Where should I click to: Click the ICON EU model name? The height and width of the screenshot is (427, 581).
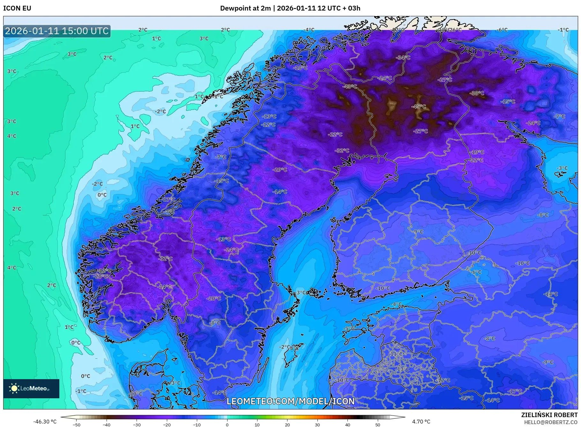[17, 8]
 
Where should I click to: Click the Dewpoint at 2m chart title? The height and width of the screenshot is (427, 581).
[290, 8]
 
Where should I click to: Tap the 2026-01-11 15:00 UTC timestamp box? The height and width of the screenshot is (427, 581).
[57, 31]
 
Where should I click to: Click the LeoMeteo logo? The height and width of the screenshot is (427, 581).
[31, 388]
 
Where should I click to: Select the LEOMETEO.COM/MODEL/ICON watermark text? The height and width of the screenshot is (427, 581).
[290, 401]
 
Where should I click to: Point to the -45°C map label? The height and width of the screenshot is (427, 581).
[419, 107]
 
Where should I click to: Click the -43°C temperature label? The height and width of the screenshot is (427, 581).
[350, 86]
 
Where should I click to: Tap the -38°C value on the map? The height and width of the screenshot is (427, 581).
[477, 93]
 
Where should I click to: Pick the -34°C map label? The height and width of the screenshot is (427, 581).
[403, 58]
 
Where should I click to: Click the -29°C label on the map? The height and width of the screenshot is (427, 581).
[280, 169]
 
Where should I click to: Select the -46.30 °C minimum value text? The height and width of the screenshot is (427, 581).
[45, 422]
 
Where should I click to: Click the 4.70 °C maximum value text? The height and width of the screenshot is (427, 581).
[421, 422]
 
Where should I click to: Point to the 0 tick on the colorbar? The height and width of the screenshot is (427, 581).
[227, 424]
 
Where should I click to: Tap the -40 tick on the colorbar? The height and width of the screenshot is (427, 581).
[107, 424]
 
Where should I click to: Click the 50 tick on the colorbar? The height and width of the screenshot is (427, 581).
[378, 424]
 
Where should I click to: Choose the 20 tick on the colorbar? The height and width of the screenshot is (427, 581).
[287, 424]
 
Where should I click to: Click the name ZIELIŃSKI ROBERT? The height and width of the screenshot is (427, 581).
[549, 415]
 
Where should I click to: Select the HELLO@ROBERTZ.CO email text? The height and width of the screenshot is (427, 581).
[551, 422]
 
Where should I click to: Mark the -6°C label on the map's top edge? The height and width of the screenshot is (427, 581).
[502, 30]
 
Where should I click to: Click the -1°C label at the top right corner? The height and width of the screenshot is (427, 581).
[563, 30]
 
